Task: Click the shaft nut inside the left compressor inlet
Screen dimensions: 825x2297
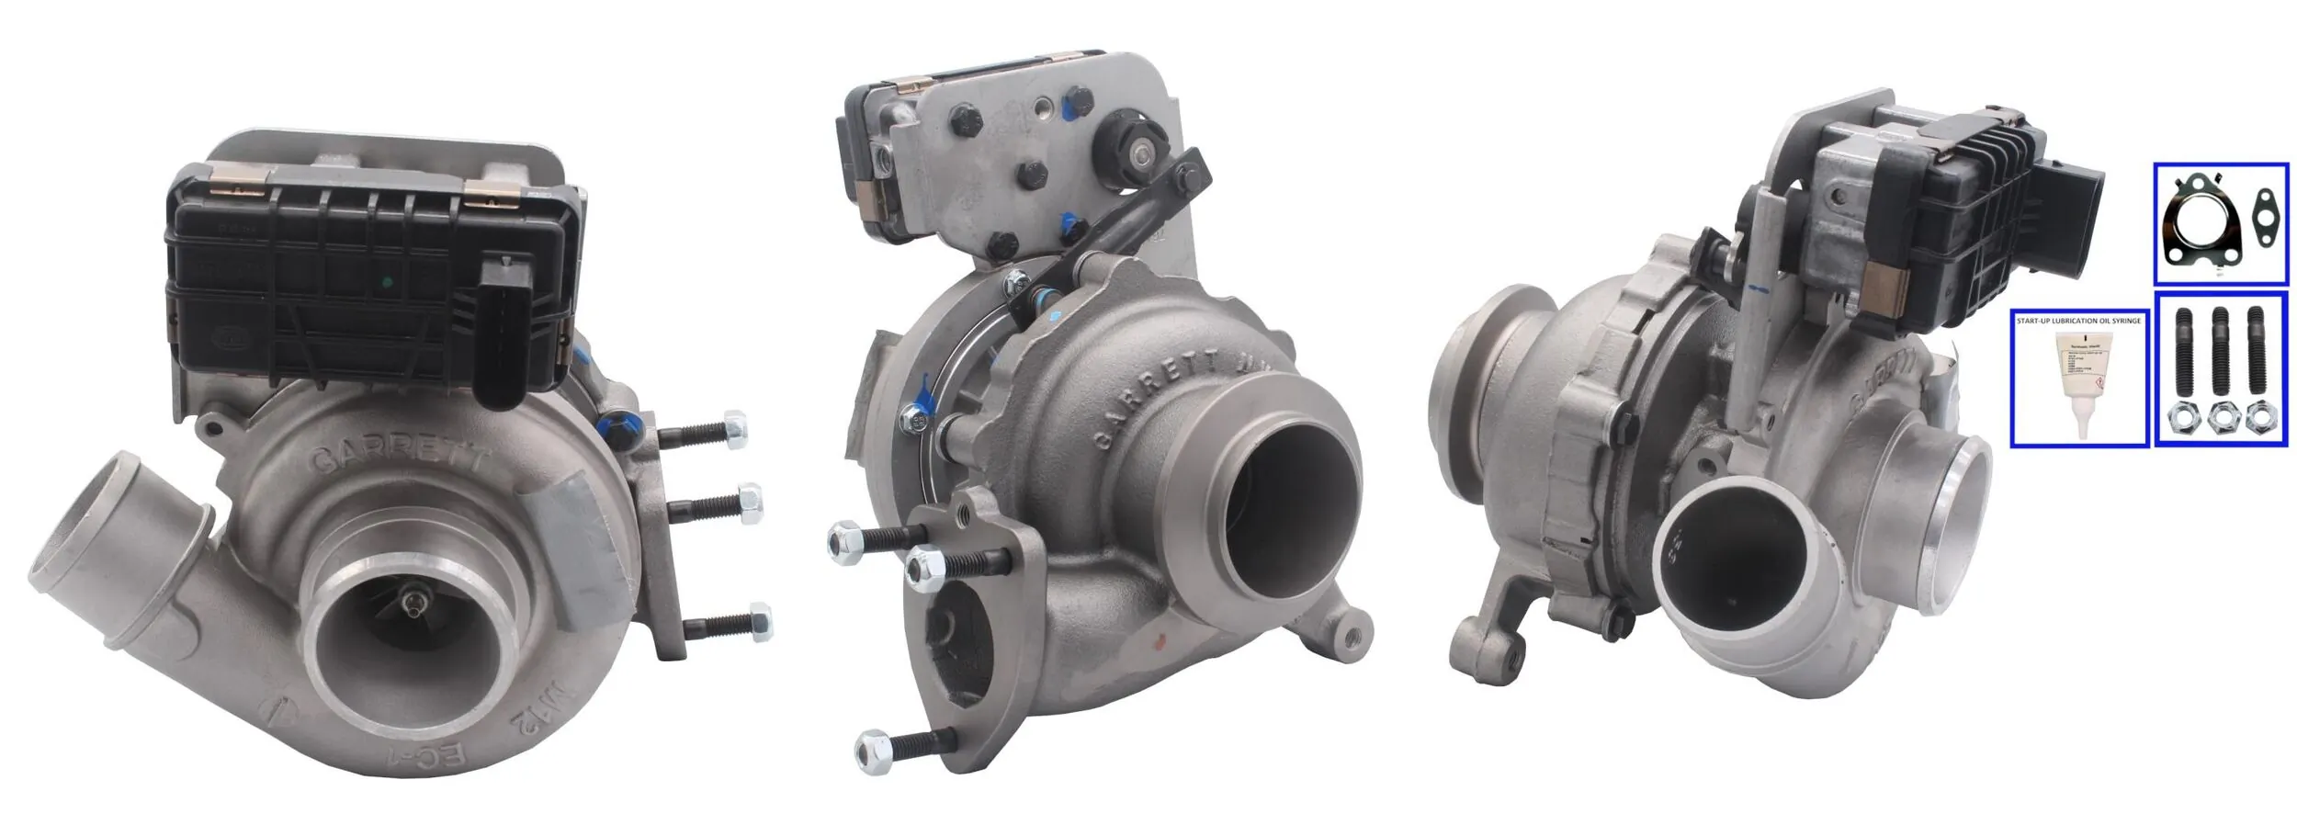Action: click(416, 605)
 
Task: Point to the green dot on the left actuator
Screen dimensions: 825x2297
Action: click(386, 282)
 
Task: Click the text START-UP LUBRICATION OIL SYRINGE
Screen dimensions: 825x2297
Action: click(2078, 321)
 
